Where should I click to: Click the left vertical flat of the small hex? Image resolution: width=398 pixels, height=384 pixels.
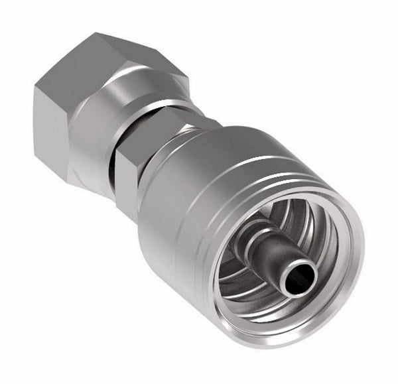[x=126, y=179]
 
